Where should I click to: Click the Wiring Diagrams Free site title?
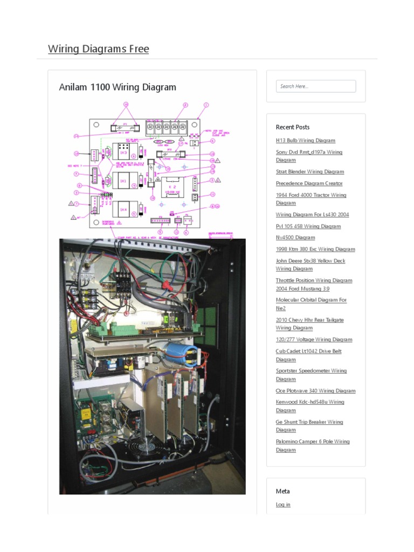click(x=98, y=49)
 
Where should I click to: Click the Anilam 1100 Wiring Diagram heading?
click(x=118, y=87)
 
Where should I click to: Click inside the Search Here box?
click(x=316, y=86)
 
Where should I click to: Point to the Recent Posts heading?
click(x=293, y=127)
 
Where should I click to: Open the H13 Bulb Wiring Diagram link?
click(x=305, y=141)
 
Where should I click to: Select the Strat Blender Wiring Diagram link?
click(x=309, y=172)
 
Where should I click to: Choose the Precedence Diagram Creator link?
click(x=309, y=184)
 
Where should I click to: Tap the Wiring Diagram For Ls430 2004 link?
click(x=312, y=215)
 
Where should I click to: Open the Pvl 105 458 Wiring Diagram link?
click(x=308, y=226)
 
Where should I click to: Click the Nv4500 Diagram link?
click(x=295, y=238)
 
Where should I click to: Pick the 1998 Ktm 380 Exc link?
click(x=315, y=250)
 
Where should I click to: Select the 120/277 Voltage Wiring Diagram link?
click(x=314, y=340)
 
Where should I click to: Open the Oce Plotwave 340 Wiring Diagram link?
click(x=315, y=391)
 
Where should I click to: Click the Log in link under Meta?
click(x=283, y=505)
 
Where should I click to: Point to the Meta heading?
click(x=282, y=491)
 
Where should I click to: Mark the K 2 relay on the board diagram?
click(x=174, y=187)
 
